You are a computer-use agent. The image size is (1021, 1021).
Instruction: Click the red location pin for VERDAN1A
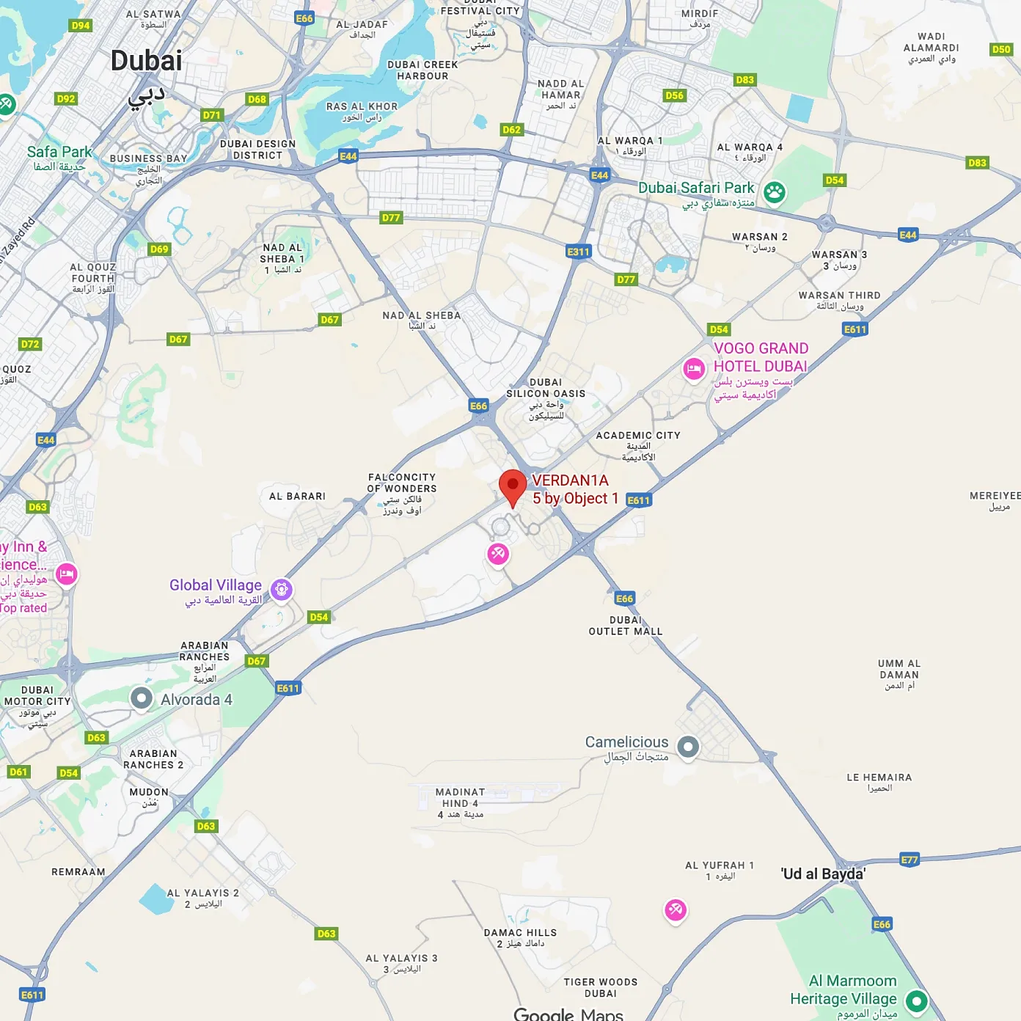(513, 486)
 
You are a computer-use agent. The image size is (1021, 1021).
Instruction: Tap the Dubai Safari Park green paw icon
(775, 193)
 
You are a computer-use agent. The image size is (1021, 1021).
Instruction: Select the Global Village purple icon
(282, 589)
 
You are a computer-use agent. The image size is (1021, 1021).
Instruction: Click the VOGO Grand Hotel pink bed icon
(694, 369)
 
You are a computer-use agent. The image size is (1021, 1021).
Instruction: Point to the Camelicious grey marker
(688, 747)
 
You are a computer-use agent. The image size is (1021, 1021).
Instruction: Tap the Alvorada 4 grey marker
(142, 698)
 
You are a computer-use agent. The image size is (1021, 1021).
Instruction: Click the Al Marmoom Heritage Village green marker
(917, 1000)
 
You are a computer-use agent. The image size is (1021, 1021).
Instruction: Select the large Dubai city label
(147, 61)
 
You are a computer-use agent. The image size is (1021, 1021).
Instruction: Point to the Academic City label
(638, 436)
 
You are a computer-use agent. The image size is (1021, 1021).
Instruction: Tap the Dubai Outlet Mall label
(626, 626)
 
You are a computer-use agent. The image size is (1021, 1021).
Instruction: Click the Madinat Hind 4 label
(460, 797)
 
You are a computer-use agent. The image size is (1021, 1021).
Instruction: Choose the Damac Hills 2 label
(520, 933)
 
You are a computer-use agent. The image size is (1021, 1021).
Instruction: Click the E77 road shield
(909, 860)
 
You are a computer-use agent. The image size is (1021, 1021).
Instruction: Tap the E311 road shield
(578, 252)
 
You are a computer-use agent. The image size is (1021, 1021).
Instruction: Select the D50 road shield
(1001, 49)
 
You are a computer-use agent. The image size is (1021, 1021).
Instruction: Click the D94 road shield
(80, 26)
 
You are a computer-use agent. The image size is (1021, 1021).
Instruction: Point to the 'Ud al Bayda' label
(823, 874)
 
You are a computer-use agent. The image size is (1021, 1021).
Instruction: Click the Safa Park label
(59, 152)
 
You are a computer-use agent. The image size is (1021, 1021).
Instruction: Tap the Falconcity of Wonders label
(402, 483)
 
